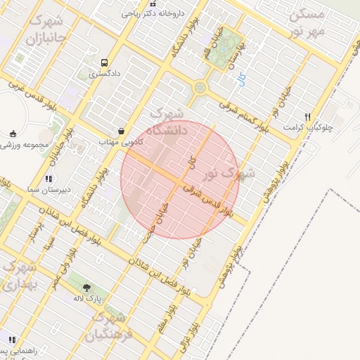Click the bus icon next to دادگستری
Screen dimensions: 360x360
pos(104,62)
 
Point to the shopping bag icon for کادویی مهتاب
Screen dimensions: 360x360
pos(122,131)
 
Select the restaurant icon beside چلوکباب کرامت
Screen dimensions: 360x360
pos(307,117)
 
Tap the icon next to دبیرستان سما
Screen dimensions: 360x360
pos(49,179)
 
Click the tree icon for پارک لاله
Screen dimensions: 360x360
pos(86,288)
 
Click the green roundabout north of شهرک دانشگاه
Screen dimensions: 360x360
pos(200,88)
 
